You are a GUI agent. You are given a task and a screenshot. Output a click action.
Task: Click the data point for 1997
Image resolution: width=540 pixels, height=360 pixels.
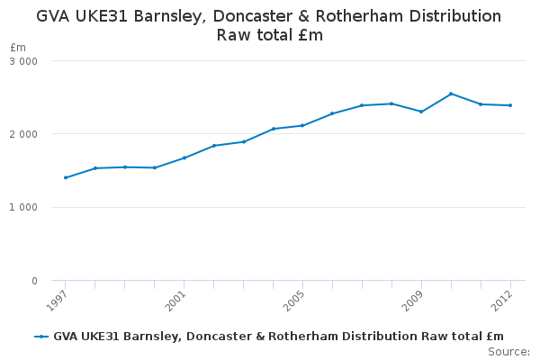[66, 178]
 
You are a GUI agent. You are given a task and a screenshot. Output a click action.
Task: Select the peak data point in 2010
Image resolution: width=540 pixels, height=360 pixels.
[451, 94]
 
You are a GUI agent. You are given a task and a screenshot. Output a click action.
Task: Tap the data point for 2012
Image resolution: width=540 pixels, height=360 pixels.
[510, 105]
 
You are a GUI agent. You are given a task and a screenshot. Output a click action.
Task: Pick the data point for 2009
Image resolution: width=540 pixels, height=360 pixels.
[421, 112]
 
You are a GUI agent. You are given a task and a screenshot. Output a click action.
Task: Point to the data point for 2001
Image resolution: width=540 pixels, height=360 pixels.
[184, 158]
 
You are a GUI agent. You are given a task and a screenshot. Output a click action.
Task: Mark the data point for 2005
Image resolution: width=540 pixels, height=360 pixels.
[302, 126]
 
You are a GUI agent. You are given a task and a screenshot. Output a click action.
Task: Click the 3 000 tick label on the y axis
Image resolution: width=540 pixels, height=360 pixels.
[23, 61]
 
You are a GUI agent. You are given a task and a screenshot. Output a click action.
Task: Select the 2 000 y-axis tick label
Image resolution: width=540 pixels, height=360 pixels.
[23, 134]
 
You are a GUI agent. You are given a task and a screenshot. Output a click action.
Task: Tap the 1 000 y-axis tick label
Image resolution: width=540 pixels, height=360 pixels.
[23, 208]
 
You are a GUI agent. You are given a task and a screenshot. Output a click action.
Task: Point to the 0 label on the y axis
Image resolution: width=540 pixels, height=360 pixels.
[34, 281]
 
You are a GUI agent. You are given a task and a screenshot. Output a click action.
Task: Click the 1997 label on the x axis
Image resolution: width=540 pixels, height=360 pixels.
[56, 300]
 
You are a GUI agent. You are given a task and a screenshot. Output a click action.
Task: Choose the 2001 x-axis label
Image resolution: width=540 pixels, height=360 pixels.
[175, 300]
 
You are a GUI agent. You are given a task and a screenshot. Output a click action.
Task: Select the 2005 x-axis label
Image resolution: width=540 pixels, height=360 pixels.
[293, 300]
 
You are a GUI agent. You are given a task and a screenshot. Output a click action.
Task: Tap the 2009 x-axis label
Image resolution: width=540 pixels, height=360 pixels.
[412, 300]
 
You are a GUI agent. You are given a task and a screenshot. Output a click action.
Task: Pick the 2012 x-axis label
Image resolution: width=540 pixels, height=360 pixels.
[501, 300]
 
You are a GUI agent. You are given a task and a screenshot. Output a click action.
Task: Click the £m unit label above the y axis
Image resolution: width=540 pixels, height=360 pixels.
[18, 47]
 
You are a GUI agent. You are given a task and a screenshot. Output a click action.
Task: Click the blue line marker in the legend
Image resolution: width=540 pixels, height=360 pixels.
[41, 337]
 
